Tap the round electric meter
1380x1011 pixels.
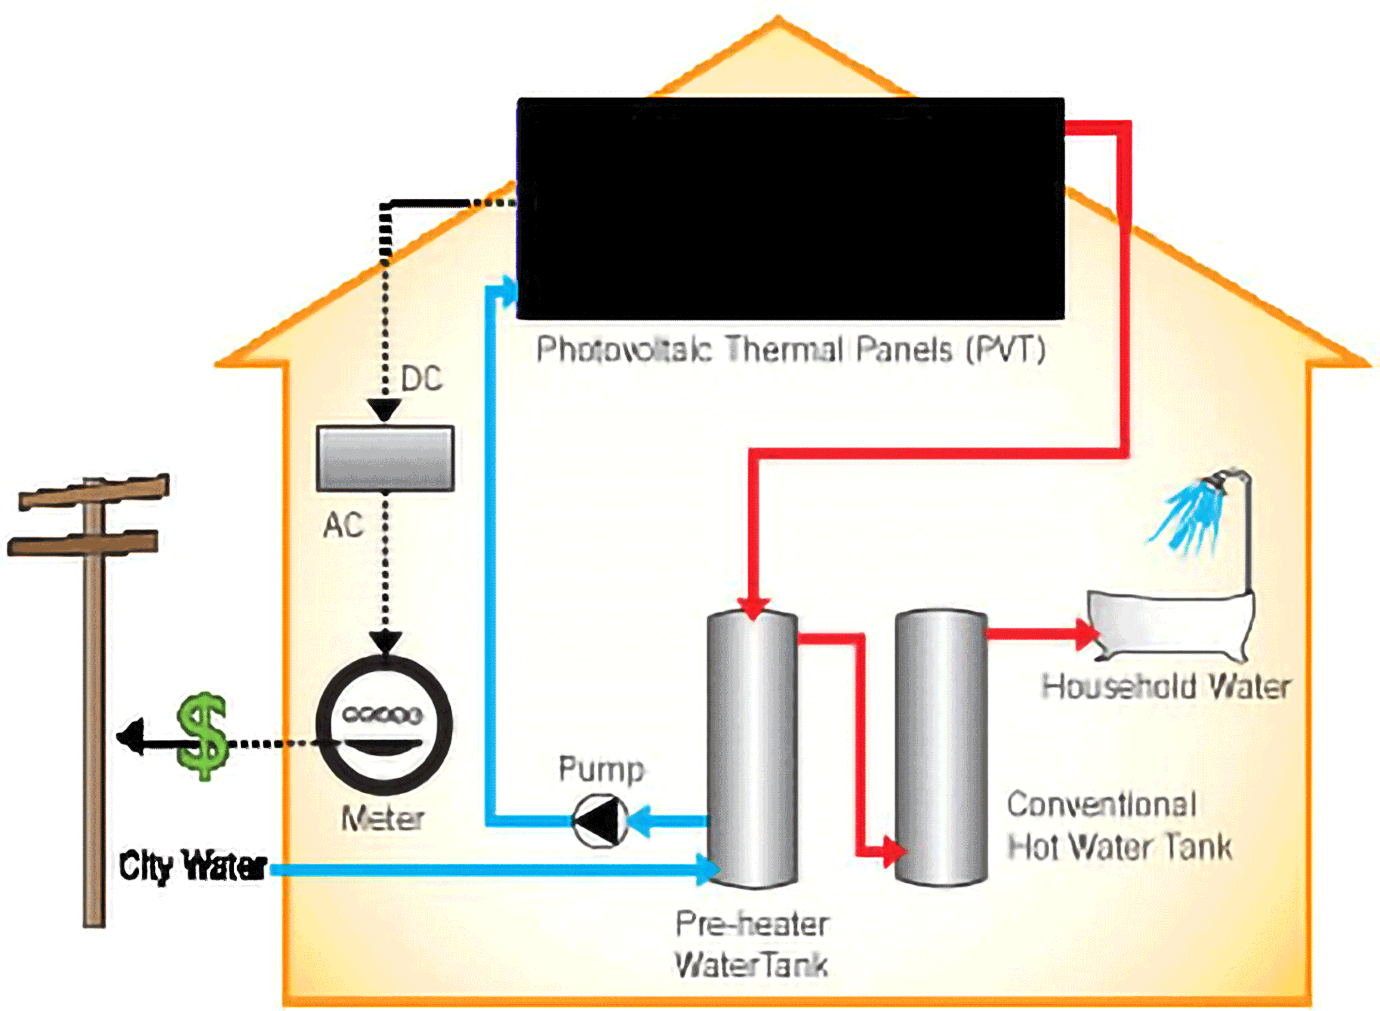pyautogui.click(x=384, y=725)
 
